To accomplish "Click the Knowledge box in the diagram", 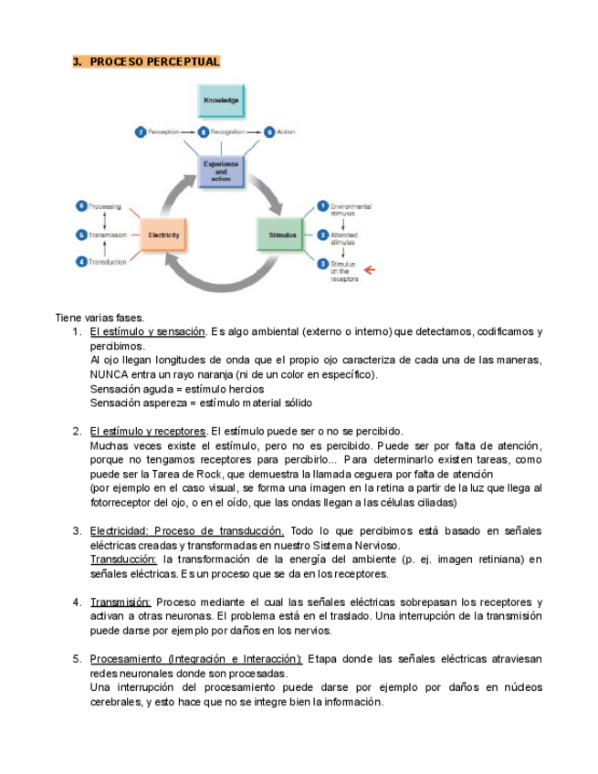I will tap(221, 100).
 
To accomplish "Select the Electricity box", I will tap(164, 235).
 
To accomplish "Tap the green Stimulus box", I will tap(282, 235).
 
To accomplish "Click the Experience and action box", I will tap(221, 171).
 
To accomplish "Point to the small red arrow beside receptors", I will tap(369, 269).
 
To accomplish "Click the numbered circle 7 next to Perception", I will tap(141, 132).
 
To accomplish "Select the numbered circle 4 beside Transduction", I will tap(81, 262).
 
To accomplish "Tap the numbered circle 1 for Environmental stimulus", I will tap(322, 206).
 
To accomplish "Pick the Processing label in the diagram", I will tap(104, 206).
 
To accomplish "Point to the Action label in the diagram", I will tap(286, 132).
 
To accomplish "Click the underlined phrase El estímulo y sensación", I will tap(147, 331).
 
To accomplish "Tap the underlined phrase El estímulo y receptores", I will tap(148, 431).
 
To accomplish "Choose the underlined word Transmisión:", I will tap(121, 601).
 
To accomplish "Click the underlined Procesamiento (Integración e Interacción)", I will tap(196, 658).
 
